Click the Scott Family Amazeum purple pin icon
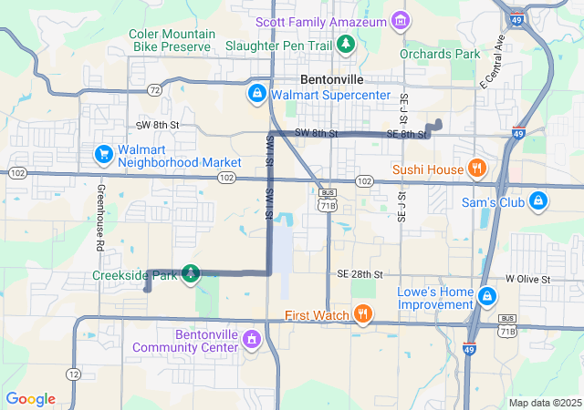point(399,20)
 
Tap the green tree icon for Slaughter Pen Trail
point(346,43)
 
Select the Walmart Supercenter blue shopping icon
point(257,94)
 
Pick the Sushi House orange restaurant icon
point(475,169)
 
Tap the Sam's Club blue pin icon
point(538,200)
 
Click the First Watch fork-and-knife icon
point(363,315)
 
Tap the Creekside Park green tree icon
point(191,272)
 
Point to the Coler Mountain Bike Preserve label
point(172,40)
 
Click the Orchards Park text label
point(440,54)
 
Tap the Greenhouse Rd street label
point(99,218)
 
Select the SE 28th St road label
point(359,274)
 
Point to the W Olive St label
point(528,279)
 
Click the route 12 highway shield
point(73,374)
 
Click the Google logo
point(31,399)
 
